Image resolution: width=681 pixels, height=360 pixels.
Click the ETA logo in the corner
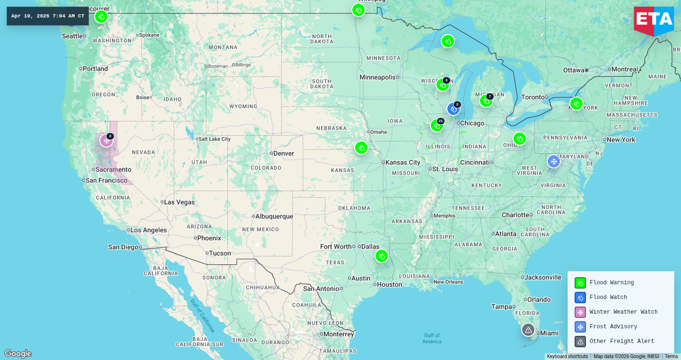point(654,20)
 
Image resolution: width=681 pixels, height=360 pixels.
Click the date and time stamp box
point(48,16)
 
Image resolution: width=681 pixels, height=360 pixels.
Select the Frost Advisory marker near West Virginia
point(554,161)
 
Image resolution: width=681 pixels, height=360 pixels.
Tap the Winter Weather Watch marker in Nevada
point(106,140)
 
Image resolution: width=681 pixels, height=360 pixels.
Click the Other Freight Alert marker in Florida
point(528,330)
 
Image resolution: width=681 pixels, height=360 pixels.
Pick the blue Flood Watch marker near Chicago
point(454,109)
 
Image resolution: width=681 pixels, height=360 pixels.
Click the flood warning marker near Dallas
point(382,256)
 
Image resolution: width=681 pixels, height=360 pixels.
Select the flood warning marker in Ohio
point(520,139)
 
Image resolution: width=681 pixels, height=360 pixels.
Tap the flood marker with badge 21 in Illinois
point(437,125)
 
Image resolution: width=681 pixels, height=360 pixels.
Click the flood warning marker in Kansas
point(361,148)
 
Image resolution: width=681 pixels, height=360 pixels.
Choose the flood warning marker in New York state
point(576,104)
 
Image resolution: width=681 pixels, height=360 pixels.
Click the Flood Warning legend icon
point(580,283)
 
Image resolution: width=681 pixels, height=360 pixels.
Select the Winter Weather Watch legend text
point(623,312)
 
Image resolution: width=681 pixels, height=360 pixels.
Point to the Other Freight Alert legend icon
point(580,342)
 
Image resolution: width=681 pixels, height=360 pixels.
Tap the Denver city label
point(283,153)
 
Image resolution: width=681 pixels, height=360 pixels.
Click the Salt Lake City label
point(215,139)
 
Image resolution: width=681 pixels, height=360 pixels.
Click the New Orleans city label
point(448,282)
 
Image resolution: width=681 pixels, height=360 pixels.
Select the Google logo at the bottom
point(18,353)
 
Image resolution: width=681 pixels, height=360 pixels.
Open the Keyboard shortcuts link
point(567,357)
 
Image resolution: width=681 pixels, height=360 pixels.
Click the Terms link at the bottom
point(671,357)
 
